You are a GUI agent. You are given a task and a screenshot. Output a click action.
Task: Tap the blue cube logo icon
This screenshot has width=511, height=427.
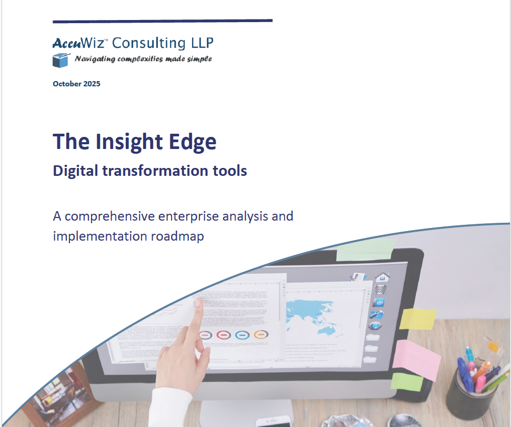[x=61, y=59]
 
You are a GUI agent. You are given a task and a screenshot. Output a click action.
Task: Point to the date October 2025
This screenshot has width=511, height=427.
[x=76, y=84]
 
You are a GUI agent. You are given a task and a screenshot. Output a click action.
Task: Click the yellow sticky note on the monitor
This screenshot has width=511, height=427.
[x=418, y=318]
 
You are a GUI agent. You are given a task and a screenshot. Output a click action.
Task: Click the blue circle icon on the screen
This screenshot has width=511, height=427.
[x=242, y=335]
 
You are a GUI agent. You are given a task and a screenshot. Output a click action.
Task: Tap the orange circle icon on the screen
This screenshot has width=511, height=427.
[x=260, y=334]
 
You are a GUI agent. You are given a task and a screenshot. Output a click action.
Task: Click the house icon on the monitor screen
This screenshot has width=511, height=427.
[x=382, y=277]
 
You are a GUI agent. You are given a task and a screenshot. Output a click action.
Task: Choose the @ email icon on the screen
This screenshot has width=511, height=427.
[x=378, y=302]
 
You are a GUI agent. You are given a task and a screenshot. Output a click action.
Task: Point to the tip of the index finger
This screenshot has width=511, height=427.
[x=198, y=302]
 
